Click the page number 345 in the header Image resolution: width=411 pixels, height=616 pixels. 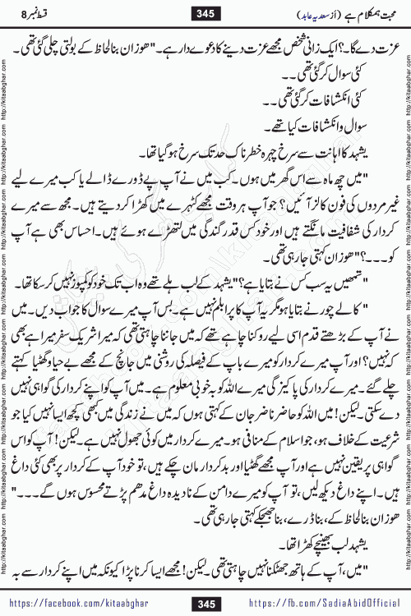tap(205, 12)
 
